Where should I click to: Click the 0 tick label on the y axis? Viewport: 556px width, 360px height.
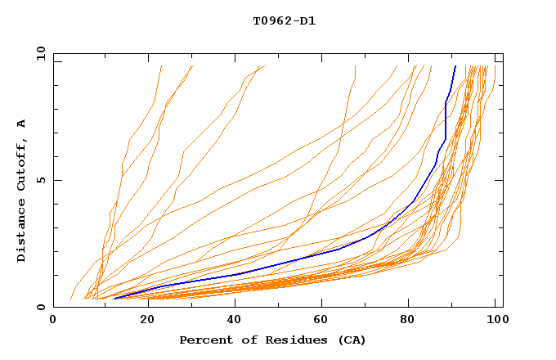coord(40,308)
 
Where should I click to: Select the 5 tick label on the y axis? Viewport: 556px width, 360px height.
coord(40,180)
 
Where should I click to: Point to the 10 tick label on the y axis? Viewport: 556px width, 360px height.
coord(39,53)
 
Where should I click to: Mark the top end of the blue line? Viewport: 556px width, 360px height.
coord(455,65)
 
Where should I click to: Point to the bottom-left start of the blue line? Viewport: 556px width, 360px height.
coord(113,299)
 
